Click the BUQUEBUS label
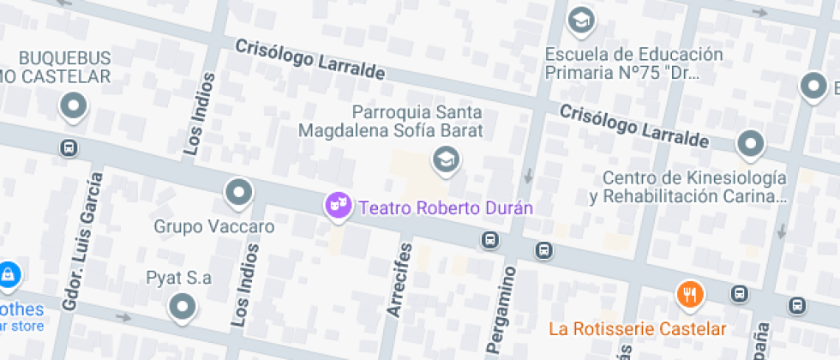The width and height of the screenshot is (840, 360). pyautogui.click(x=65, y=58)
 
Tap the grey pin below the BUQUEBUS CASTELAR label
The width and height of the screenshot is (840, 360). pyautogui.click(x=74, y=107)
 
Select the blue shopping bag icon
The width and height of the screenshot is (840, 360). pyautogui.click(x=8, y=275)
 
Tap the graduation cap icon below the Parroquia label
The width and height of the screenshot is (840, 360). pyautogui.click(x=445, y=159)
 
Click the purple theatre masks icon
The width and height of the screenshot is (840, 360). pyautogui.click(x=338, y=205)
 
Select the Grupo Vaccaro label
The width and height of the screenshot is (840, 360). pyautogui.click(x=214, y=227)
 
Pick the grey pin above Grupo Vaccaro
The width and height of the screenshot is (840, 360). pyautogui.click(x=238, y=192)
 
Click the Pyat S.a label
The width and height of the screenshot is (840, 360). pyautogui.click(x=178, y=277)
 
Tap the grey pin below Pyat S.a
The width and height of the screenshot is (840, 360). pyautogui.click(x=182, y=307)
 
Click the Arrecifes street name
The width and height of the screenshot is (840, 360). pyautogui.click(x=399, y=280)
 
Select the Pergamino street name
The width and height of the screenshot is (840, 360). pyautogui.click(x=503, y=309)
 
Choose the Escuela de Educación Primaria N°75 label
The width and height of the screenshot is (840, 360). pyautogui.click(x=634, y=63)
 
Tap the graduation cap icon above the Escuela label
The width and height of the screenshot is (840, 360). pyautogui.click(x=582, y=19)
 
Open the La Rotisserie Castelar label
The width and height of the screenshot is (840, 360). pyautogui.click(x=638, y=328)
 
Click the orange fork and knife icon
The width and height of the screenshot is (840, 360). pyautogui.click(x=690, y=294)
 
